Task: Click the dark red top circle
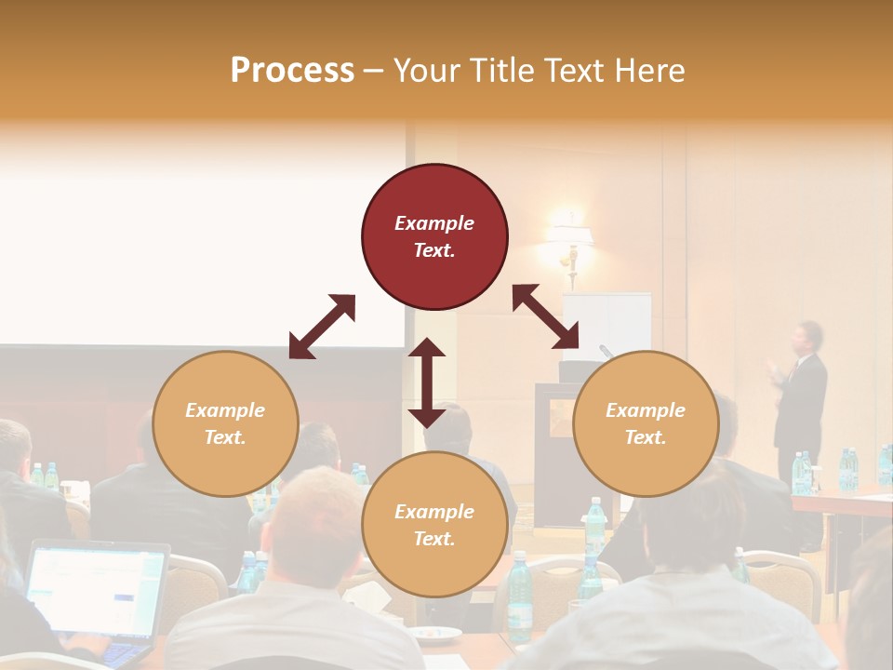pos(434,237)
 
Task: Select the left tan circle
pos(225,423)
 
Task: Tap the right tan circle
pos(646,423)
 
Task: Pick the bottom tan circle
pos(434,525)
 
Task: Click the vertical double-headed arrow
pos(427,382)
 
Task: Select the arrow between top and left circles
pos(322,327)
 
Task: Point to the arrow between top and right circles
pos(546,316)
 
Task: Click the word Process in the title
pos(292,70)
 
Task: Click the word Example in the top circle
pos(434,223)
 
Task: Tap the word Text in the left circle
pos(225,437)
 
